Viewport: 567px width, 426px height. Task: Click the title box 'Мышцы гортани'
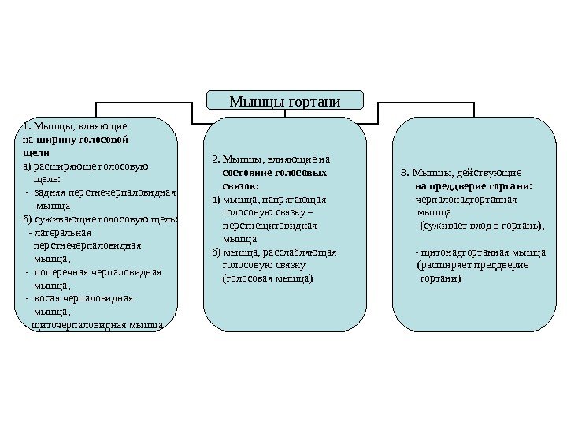[284, 101]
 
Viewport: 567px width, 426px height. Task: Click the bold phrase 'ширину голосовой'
[83, 138]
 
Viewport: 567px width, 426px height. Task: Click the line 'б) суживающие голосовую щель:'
[101, 219]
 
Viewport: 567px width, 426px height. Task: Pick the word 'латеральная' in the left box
[65, 232]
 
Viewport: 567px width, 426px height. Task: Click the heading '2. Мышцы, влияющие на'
[272, 159]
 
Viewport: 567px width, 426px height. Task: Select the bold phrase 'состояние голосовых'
[275, 172]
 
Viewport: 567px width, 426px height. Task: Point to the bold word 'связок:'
[241, 185]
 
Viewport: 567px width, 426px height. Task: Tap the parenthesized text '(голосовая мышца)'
[268, 278]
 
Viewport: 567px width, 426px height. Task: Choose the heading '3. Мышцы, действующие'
[461, 172]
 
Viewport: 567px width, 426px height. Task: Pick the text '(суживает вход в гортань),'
[482, 226]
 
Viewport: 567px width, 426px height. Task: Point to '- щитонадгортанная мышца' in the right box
[480, 252]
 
